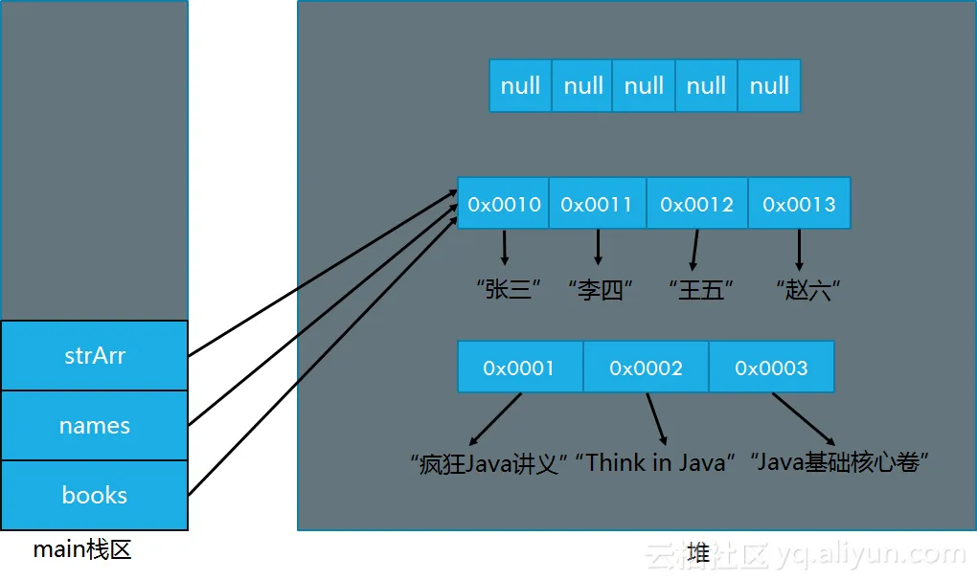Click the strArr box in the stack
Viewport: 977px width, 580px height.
pos(95,355)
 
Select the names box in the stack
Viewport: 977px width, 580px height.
pos(95,426)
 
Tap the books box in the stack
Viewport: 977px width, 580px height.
pos(95,496)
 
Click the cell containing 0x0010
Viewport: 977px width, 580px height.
pos(504,204)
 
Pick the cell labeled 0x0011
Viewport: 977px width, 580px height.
pos(598,204)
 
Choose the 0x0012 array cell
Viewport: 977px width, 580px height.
pos(697,204)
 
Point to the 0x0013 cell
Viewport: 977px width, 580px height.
pos(800,204)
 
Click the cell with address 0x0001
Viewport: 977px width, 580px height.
pos(520,368)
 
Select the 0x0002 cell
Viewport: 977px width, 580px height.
pos(647,368)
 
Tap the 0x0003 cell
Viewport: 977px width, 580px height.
pos(771,368)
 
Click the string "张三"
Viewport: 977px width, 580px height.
pos(508,289)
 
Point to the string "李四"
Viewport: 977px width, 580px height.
pos(601,290)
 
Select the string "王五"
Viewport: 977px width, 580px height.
pos(701,290)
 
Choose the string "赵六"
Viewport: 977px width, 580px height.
pos(808,290)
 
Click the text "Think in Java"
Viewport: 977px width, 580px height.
pos(655,462)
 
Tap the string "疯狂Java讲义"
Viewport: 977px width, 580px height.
pos(488,463)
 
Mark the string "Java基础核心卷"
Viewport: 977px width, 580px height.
pos(839,462)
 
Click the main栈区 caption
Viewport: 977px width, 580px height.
pos(82,549)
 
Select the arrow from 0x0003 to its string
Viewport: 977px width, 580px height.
pos(804,419)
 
